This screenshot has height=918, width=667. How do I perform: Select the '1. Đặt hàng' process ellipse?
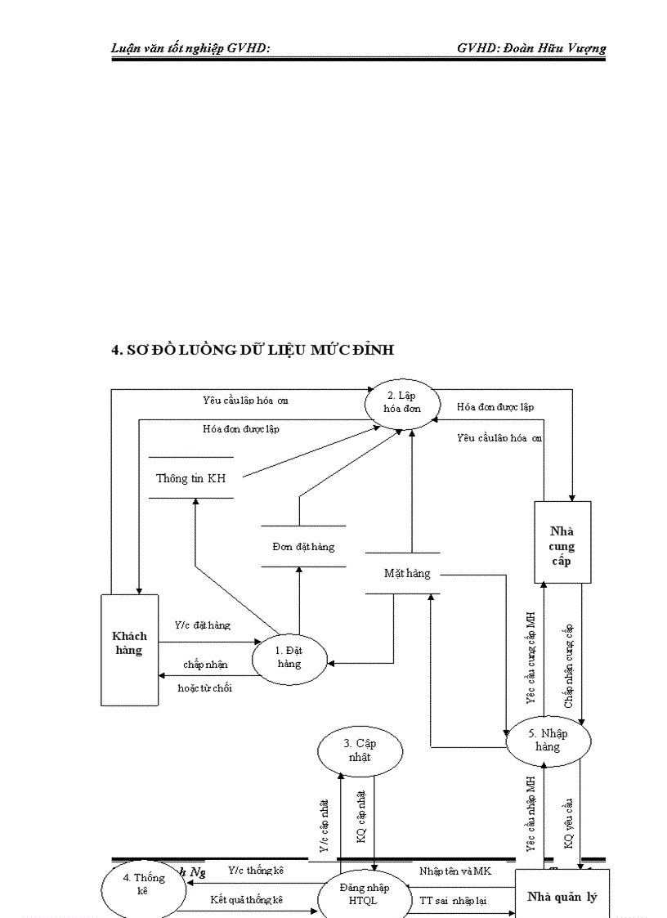coord(289,656)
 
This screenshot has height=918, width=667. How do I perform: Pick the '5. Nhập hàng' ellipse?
coord(548,740)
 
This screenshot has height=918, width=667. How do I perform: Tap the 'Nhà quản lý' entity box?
coord(562,896)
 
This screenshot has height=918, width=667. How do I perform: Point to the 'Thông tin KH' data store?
coord(190,478)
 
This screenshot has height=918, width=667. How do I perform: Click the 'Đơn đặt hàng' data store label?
coord(303,546)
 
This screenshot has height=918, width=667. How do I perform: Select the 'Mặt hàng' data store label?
coord(407,573)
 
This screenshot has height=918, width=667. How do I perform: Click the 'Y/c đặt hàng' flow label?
coord(202,625)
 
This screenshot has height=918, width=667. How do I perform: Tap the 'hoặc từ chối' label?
coord(204,687)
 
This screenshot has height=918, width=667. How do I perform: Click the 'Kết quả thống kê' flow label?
coord(246,899)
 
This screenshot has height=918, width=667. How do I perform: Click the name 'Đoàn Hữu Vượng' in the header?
coord(554,48)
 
